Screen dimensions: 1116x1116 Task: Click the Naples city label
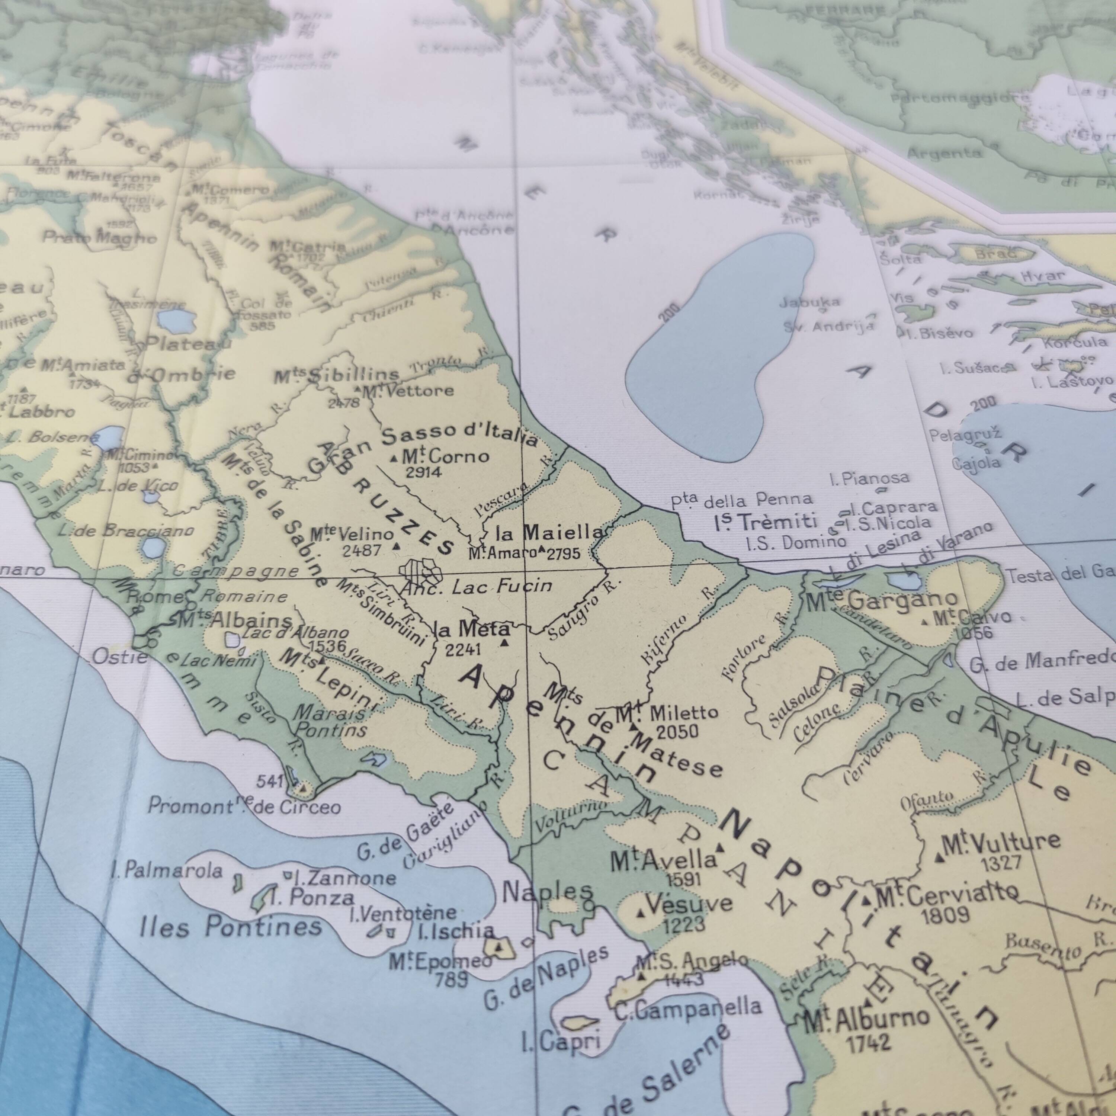tap(547, 892)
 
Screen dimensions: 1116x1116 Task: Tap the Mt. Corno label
tap(445, 457)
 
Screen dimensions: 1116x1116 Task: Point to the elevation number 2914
tap(423, 472)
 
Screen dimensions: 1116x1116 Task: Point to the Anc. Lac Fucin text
tap(477, 587)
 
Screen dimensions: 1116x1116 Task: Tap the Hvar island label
tap(1043, 276)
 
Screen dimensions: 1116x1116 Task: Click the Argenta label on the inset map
tap(944, 153)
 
